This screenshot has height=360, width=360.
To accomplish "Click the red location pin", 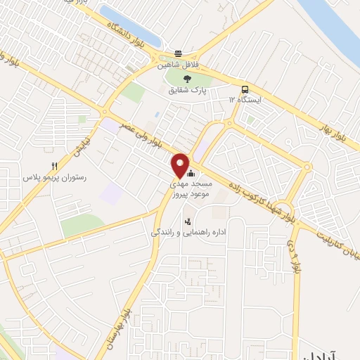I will coord(180,165).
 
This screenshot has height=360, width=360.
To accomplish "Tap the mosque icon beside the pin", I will coord(191,172).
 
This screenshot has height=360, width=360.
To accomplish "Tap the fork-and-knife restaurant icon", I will coord(53,166).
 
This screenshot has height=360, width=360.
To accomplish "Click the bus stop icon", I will coord(245,89).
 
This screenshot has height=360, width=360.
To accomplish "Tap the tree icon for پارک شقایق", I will coord(186,79).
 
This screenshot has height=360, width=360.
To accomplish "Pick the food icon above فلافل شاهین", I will coord(179,53).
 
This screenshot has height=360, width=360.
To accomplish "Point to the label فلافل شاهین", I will coord(179,64).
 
